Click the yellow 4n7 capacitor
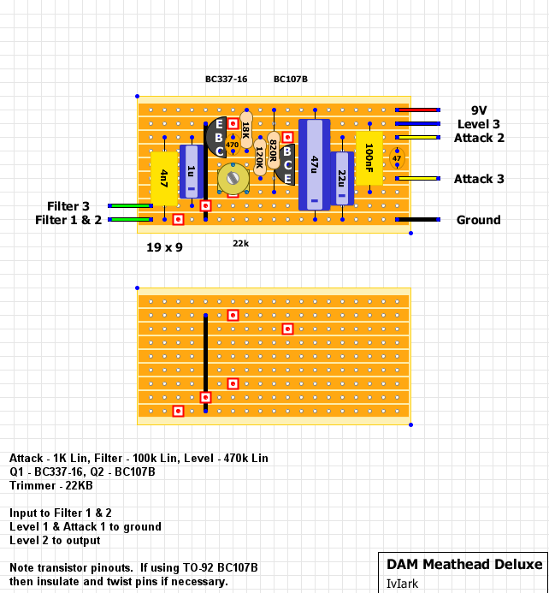163,178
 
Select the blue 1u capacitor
191,171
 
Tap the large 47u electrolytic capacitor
314,163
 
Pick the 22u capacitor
342,178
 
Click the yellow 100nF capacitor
369,157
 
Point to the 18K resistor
246,129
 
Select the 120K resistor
260,157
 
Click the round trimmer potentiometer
233,178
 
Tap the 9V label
479,110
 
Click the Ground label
478,220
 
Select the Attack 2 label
479,138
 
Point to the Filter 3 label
68,206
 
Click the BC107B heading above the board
291,80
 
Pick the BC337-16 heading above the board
226,80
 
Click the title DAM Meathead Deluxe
464,564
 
